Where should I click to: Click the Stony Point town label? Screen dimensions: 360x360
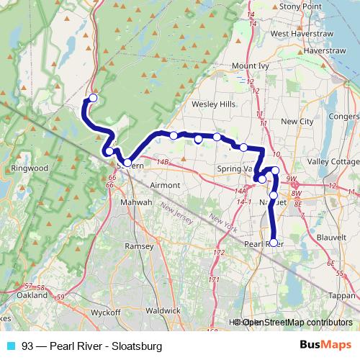(301, 6)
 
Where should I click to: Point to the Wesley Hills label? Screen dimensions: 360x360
(213, 104)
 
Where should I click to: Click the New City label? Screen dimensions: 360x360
(297, 122)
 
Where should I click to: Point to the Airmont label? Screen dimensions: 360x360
(165, 185)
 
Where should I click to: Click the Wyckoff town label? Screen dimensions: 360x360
(107, 312)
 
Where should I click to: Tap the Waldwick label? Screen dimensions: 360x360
(163, 310)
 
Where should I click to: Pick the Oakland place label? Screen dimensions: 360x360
(32, 295)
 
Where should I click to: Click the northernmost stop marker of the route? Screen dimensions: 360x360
(92, 99)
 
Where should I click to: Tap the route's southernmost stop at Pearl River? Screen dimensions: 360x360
(273, 243)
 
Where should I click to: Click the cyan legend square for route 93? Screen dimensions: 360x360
(10, 346)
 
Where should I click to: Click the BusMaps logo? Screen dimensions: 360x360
(325, 345)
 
